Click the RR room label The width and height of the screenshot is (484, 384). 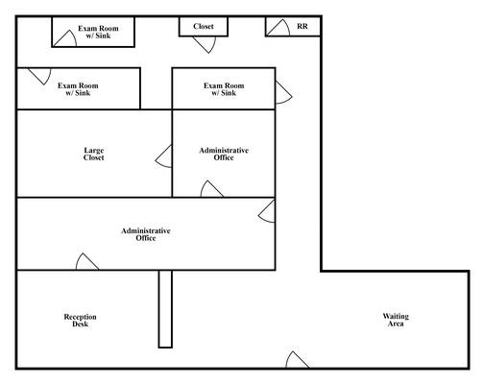[302, 26]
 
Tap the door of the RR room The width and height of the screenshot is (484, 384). [278, 28]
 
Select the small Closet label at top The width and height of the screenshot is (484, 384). [204, 26]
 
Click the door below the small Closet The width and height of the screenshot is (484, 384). [205, 44]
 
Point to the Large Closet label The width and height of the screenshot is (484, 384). [94, 154]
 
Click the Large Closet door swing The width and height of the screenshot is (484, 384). [163, 156]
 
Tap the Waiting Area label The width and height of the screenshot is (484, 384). [396, 320]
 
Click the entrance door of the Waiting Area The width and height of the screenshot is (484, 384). [298, 360]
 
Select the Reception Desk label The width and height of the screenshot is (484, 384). [80, 321]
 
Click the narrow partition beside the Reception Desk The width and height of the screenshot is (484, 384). [165, 309]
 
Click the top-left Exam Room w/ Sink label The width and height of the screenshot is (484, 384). [98, 32]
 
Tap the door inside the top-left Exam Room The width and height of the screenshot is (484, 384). [65, 38]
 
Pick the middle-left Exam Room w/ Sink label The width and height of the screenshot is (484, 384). [78, 89]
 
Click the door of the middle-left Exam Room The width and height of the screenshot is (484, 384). [39, 77]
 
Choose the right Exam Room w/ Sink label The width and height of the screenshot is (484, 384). [224, 89]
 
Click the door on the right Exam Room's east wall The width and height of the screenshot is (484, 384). [283, 92]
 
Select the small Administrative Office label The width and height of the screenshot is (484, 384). [224, 154]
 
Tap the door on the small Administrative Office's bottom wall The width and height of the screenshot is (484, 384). [212, 189]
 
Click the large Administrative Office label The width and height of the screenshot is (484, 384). [146, 234]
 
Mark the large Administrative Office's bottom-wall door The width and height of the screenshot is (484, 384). [87, 261]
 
